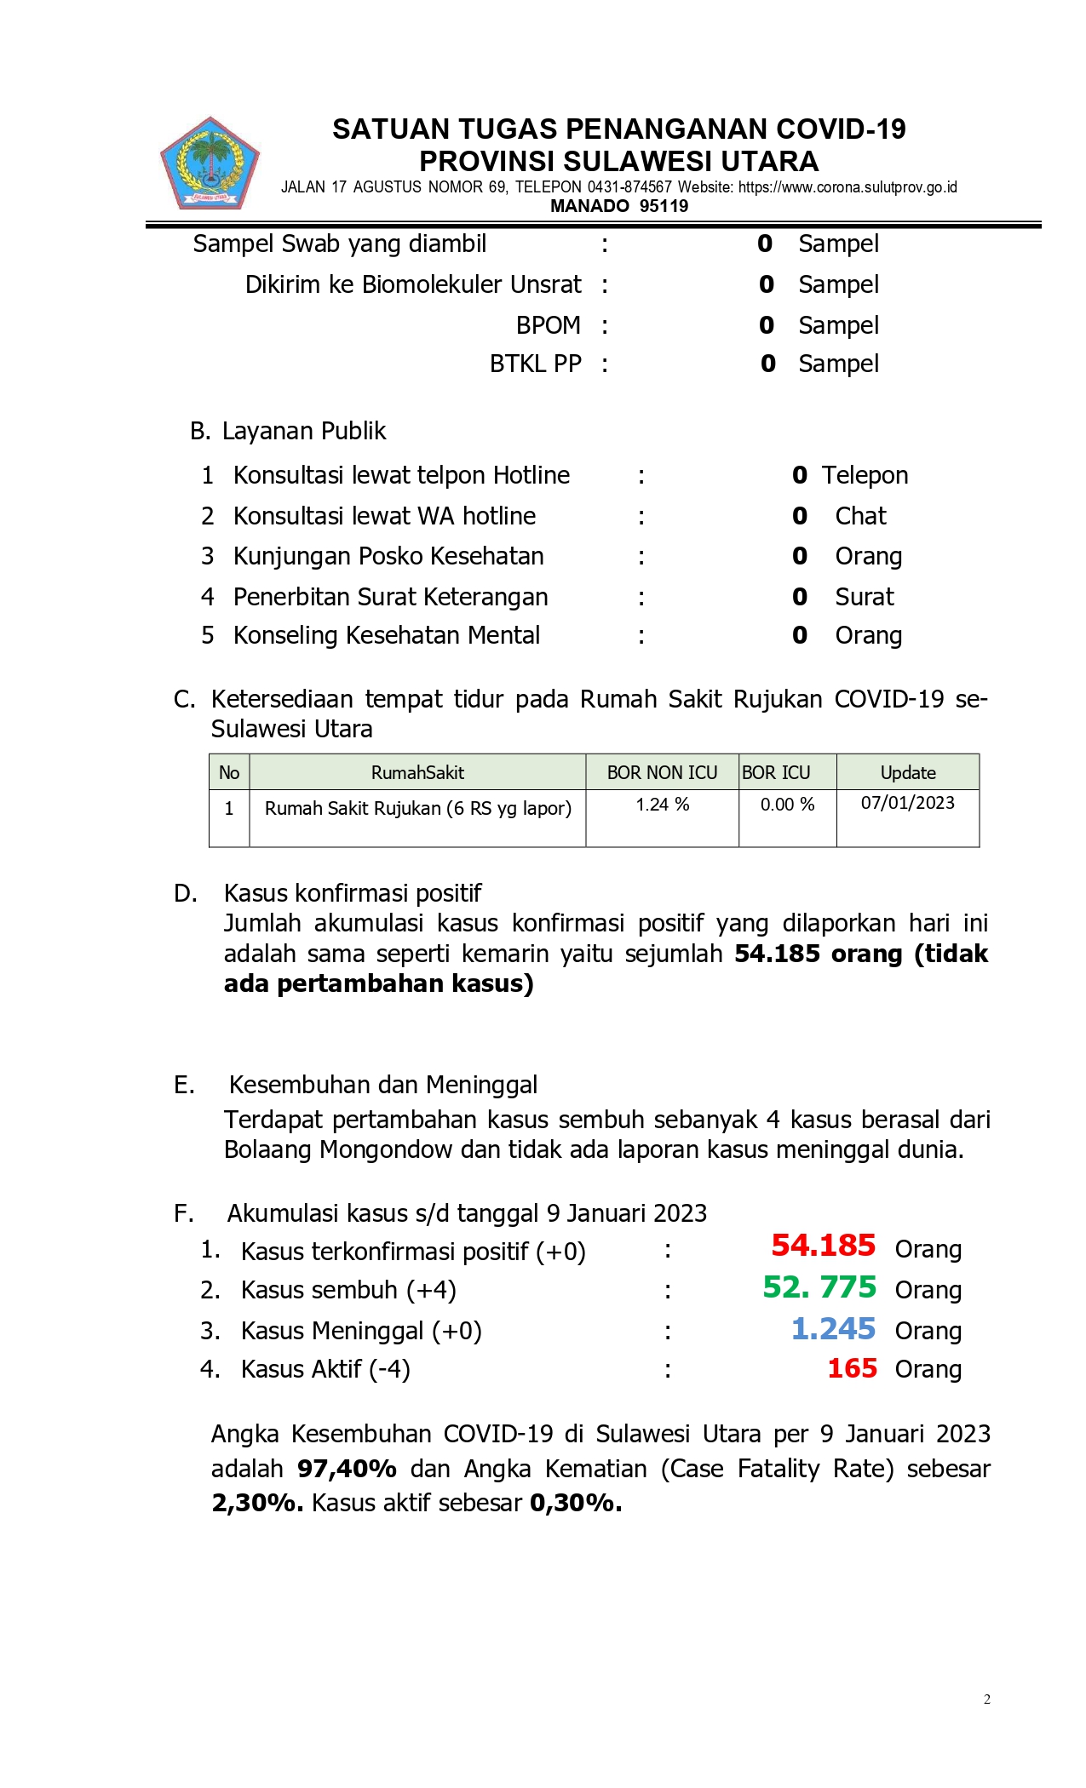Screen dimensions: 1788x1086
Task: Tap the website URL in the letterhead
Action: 848,187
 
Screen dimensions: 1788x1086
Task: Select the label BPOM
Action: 548,325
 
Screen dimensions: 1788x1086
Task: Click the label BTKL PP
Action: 535,364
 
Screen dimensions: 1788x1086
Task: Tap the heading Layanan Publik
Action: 303,431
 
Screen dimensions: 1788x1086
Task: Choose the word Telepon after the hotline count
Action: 865,475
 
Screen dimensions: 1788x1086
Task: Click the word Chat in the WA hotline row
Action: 860,516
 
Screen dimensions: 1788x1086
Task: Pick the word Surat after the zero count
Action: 864,597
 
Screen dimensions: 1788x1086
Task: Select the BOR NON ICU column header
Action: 662,772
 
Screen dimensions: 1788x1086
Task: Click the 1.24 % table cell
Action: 662,805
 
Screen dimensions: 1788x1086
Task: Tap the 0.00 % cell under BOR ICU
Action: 787,805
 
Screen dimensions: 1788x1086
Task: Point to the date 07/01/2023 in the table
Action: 907,803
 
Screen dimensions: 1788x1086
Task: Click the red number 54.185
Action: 823,1246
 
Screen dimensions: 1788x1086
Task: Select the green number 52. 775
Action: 819,1287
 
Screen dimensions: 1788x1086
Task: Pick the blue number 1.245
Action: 833,1329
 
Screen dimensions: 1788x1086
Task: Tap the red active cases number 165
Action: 852,1368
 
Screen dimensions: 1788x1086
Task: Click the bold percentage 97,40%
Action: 347,1469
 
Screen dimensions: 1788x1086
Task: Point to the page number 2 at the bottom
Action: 986,1699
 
